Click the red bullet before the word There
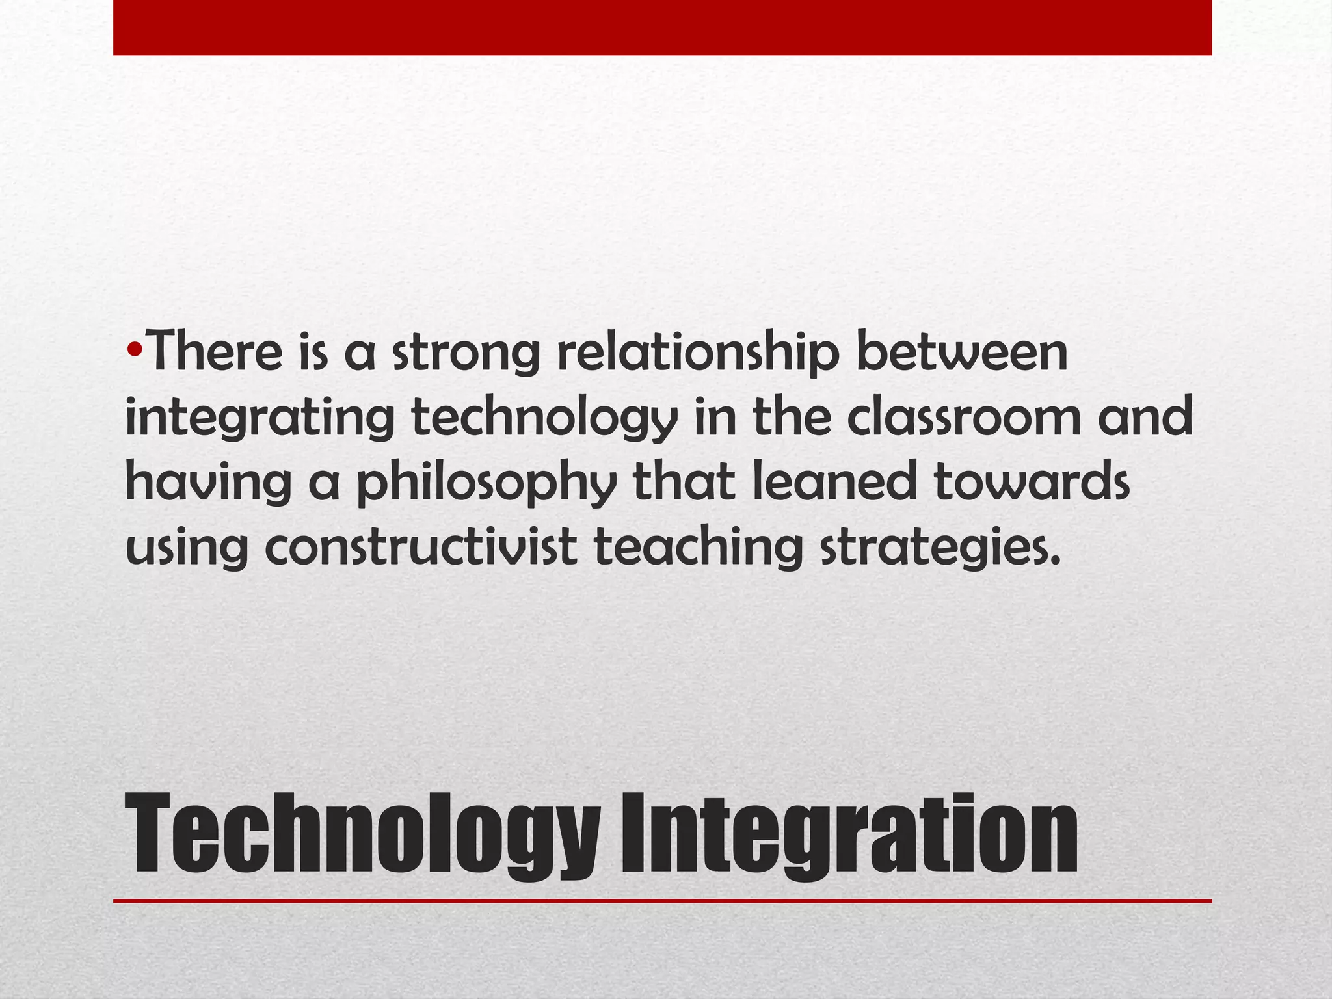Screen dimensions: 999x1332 click(x=135, y=352)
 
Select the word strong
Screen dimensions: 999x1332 click(x=466, y=354)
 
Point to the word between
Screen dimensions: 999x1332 click(x=962, y=352)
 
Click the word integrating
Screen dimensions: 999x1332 click(x=260, y=420)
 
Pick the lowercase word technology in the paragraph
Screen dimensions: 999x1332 click(x=545, y=420)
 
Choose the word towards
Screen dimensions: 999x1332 click(x=1032, y=482)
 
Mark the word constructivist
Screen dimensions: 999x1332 click(x=421, y=546)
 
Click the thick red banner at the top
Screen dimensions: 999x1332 click(x=662, y=27)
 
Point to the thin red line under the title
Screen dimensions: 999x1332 click(x=662, y=901)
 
